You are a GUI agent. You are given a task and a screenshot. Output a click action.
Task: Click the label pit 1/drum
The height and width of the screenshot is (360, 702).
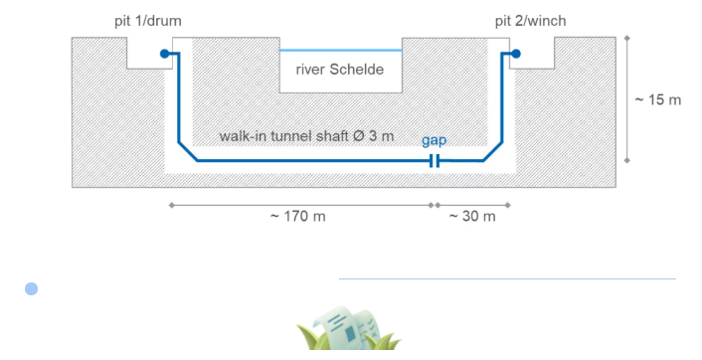click(x=148, y=21)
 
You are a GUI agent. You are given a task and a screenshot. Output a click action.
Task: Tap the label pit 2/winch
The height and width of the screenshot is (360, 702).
click(x=531, y=21)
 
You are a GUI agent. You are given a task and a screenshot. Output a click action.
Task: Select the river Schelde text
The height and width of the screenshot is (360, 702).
click(x=340, y=70)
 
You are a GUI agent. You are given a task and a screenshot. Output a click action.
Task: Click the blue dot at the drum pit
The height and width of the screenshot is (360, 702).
click(x=164, y=54)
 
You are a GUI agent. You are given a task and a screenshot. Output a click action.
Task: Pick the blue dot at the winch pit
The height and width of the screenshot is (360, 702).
click(x=516, y=54)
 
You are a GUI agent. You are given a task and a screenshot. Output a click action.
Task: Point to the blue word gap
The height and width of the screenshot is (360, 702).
click(x=434, y=140)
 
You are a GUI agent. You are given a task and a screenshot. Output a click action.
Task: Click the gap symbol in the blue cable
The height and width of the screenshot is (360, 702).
click(x=435, y=161)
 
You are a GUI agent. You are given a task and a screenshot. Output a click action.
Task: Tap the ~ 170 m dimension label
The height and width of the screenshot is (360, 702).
click(x=297, y=217)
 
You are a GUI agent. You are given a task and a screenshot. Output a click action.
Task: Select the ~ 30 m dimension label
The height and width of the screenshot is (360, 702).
click(x=472, y=217)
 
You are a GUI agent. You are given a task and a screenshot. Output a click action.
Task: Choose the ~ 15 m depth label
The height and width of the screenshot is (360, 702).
click(x=657, y=99)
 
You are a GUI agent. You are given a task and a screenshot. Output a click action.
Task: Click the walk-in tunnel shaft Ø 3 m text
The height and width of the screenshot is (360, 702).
click(x=306, y=136)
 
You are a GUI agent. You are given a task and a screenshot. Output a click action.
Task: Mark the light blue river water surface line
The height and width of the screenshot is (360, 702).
click(x=341, y=50)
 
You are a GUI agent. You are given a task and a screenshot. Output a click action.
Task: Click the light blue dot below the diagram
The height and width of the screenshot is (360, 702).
click(x=32, y=288)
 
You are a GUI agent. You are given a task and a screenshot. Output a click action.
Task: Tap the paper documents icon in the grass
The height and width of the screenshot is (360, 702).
click(x=348, y=328)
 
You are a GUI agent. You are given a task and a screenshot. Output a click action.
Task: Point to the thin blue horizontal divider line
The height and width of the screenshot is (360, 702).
click(x=507, y=278)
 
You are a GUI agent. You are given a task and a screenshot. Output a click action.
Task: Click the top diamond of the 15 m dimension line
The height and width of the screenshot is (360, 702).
click(x=626, y=39)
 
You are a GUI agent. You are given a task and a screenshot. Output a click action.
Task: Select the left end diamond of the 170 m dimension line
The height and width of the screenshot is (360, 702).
click(x=171, y=206)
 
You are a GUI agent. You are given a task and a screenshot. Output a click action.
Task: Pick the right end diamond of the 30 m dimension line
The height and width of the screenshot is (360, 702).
click(x=508, y=206)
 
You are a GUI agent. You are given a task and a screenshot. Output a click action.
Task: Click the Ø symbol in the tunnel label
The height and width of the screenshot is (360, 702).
click(x=358, y=135)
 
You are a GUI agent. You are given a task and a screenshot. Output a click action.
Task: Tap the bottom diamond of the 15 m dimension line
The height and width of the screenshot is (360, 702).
click(x=626, y=160)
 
